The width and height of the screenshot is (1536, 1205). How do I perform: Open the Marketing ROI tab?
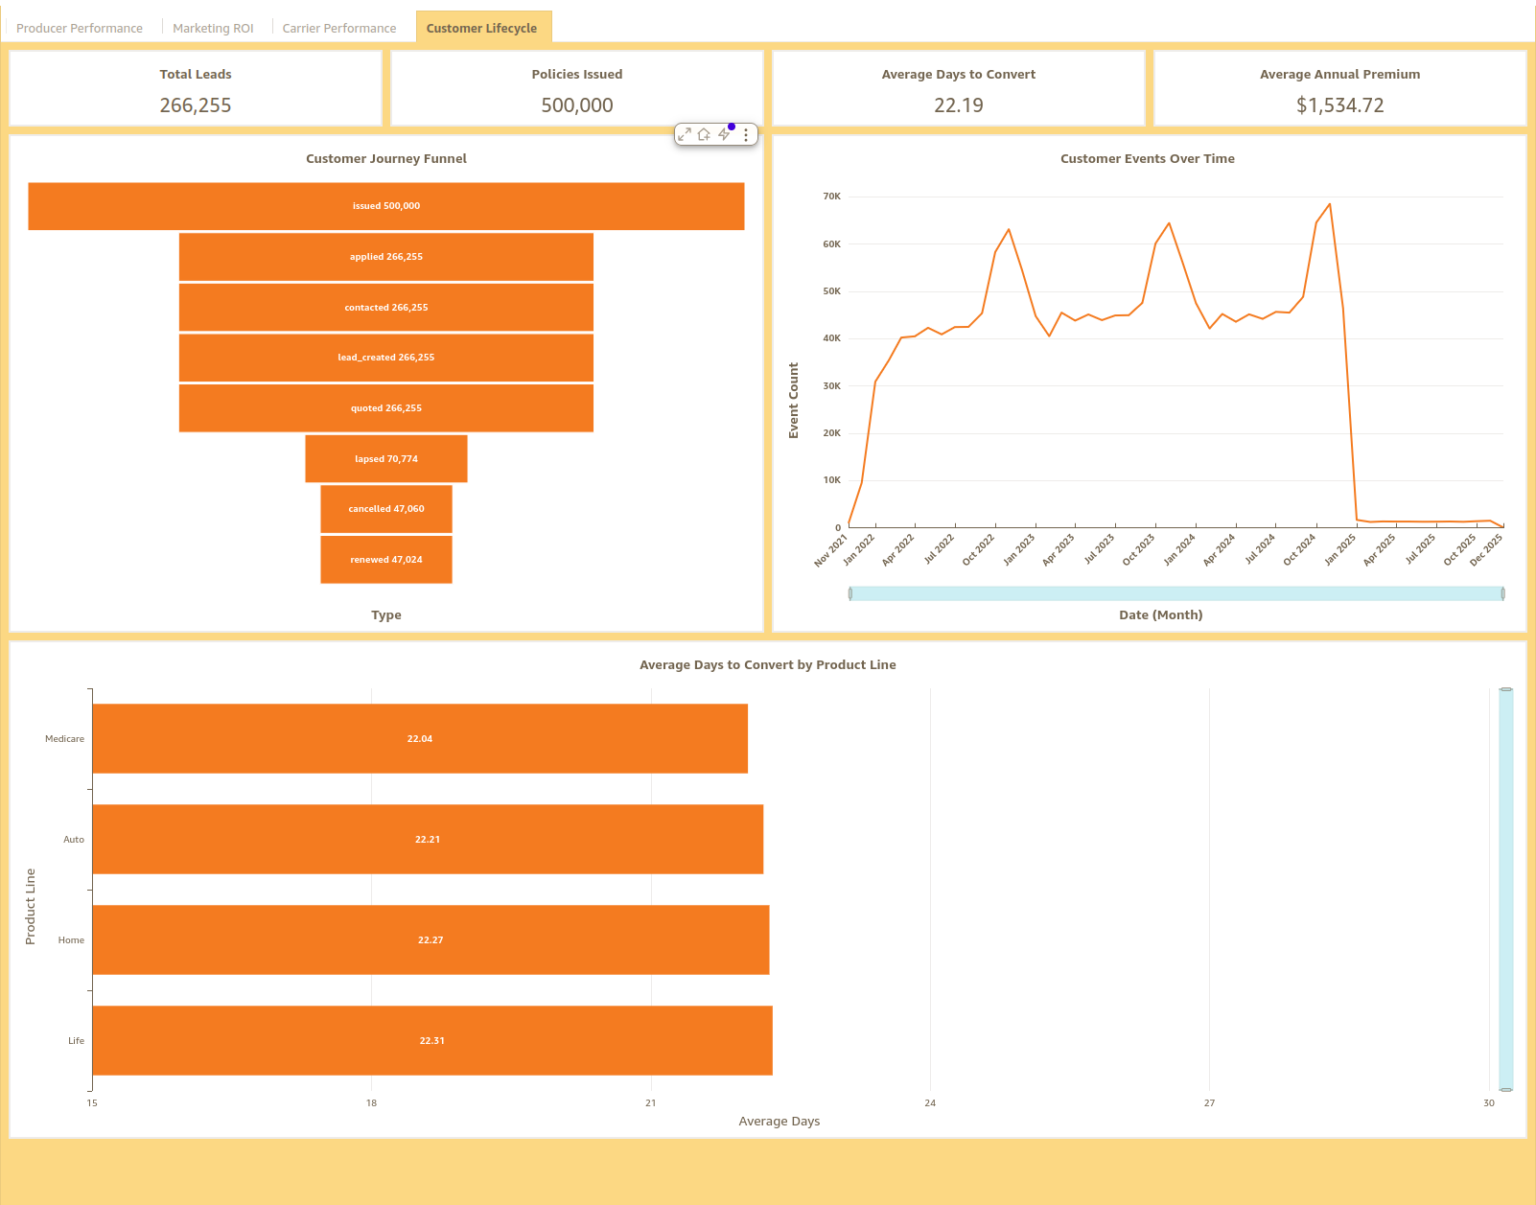click(x=213, y=28)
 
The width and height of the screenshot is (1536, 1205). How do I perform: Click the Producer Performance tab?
click(x=80, y=28)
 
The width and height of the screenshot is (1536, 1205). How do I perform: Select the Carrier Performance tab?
click(x=338, y=28)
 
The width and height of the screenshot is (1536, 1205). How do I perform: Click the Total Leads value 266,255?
click(x=196, y=105)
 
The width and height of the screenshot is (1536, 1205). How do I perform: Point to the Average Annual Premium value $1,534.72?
click(x=1339, y=105)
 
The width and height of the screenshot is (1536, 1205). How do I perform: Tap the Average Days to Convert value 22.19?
click(x=958, y=105)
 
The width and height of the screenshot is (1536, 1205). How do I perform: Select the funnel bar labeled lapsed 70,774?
click(x=386, y=459)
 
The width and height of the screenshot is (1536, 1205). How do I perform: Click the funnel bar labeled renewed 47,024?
click(x=386, y=560)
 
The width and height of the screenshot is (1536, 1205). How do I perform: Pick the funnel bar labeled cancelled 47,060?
click(x=386, y=509)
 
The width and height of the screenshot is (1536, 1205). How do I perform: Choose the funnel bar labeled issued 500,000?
click(x=386, y=206)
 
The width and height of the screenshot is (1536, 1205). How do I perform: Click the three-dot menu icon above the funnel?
click(x=746, y=135)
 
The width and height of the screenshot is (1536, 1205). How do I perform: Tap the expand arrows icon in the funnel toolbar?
click(x=684, y=135)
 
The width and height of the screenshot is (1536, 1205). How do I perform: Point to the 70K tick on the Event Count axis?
click(x=831, y=197)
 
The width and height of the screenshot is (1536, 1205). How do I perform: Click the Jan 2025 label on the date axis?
click(x=1340, y=549)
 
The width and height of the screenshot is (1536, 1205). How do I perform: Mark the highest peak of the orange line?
click(x=1329, y=204)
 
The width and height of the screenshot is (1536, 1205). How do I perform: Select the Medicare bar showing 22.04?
click(x=420, y=739)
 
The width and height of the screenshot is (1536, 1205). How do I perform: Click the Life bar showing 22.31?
click(x=431, y=1041)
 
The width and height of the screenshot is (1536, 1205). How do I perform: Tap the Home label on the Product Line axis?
click(x=71, y=940)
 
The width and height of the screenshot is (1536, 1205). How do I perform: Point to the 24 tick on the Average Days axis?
click(x=930, y=1103)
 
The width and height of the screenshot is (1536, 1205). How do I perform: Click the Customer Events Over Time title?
click(x=1147, y=159)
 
